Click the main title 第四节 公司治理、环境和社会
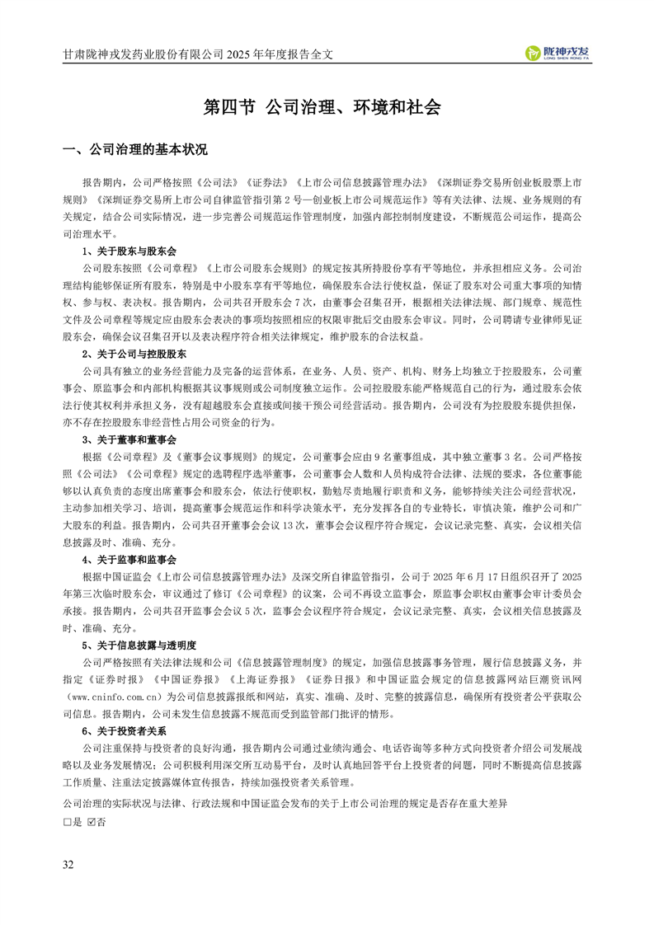(322, 108)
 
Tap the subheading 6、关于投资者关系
(124, 731)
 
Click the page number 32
(68, 865)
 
